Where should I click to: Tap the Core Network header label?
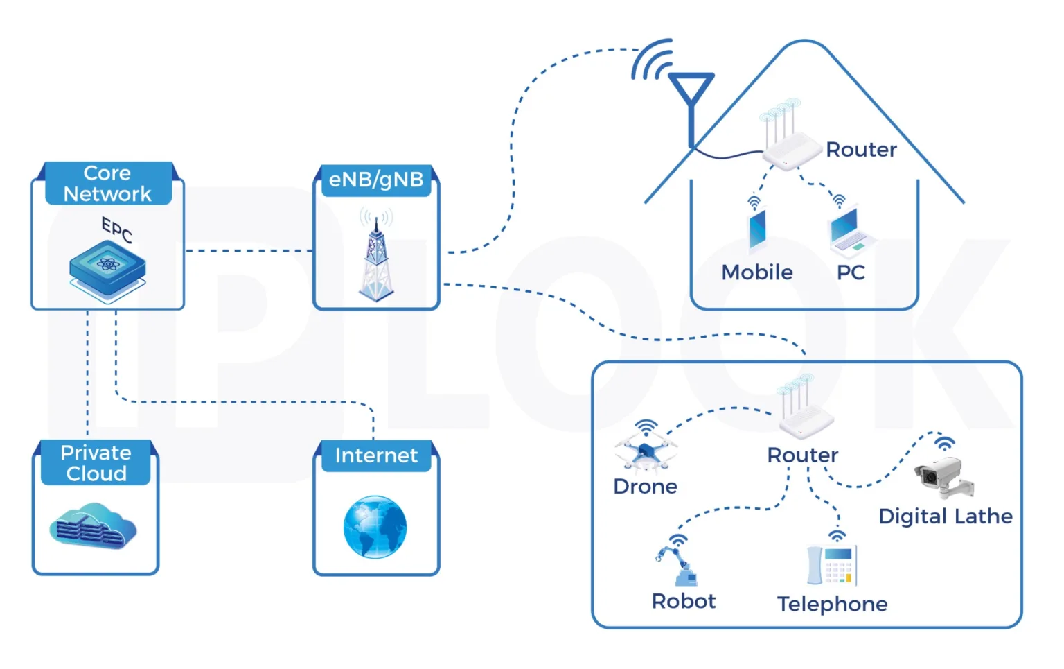click(107, 184)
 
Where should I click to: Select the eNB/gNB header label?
click(376, 180)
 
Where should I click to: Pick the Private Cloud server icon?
click(94, 527)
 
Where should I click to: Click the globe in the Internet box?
click(375, 527)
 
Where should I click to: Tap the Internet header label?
click(376, 455)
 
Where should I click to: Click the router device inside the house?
click(790, 149)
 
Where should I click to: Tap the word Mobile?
click(757, 272)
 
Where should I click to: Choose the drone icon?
click(646, 451)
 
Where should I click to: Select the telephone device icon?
click(832, 565)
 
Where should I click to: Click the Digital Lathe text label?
click(945, 516)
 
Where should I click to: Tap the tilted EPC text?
click(117, 229)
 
